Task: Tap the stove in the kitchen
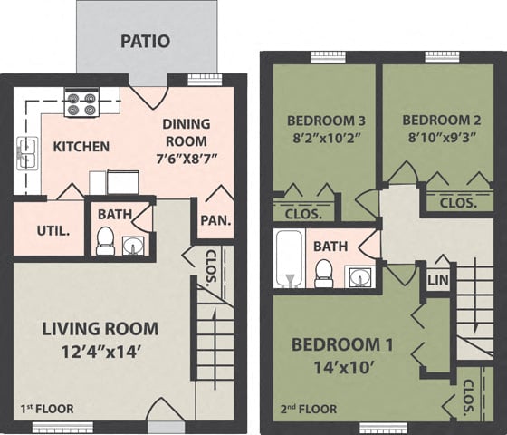point(81,102)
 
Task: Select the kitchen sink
point(26,151)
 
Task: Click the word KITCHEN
point(81,146)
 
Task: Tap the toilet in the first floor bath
point(105,241)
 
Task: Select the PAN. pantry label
point(214,220)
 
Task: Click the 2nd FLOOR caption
point(309,410)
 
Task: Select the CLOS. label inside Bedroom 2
point(458,204)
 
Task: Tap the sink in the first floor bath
point(134,245)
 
